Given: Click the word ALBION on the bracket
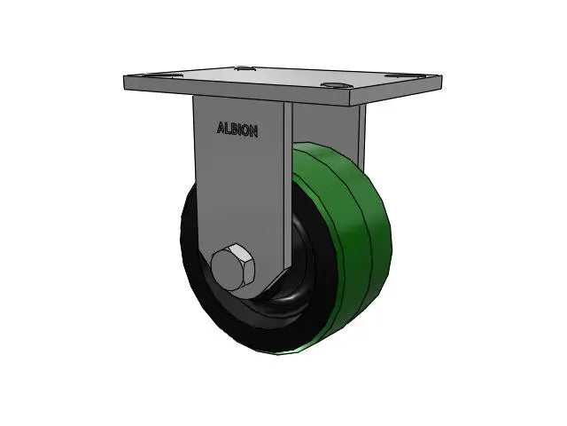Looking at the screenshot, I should pos(237,130).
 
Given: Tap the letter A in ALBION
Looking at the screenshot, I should pos(221,129).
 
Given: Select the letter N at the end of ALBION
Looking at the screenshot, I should pos(254,131).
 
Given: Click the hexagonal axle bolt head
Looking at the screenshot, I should pos(232,267).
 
